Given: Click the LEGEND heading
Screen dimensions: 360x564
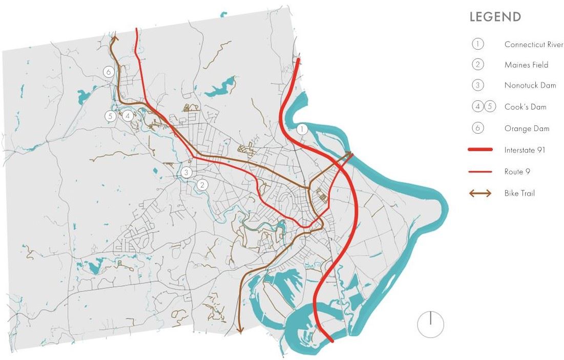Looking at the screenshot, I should tap(495, 17).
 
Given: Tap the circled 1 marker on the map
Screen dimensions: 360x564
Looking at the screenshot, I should tap(302, 129).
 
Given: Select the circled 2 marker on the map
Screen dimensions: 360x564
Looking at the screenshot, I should tap(203, 185).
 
